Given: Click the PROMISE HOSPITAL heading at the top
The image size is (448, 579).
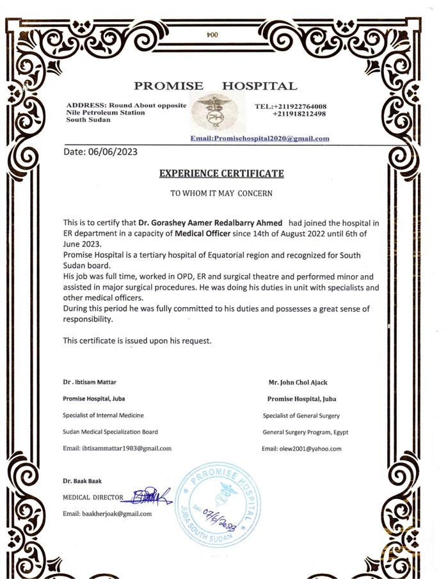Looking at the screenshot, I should pos(215,86).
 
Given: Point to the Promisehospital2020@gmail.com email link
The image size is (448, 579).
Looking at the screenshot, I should pos(260,139).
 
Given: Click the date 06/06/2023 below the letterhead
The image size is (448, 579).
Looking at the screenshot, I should pos(100,152).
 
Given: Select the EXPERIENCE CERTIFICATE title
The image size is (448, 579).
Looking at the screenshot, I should pos(221,173).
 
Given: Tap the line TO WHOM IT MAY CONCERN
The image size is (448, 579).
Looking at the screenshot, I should pos(221,193).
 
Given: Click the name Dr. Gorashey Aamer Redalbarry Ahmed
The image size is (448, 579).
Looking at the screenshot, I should pos(211,223).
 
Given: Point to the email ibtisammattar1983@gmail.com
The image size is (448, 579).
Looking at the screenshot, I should pos(117,448).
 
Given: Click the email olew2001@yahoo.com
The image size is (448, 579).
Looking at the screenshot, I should pos(301,449).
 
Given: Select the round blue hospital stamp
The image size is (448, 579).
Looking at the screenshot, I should pos(218,505).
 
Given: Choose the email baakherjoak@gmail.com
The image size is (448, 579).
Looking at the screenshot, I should pos(107,514).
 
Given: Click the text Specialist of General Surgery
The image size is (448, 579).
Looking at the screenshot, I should pos(301,416).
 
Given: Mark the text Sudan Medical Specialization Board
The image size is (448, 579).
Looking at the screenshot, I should pos(110,432).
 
